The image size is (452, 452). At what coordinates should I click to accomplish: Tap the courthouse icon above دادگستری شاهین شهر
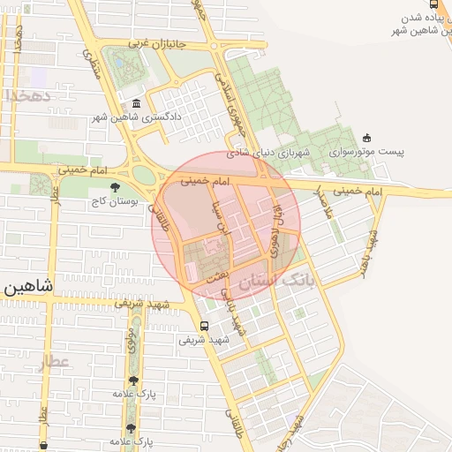pos(134,102)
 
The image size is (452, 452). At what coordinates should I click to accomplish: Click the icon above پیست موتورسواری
pos(367,137)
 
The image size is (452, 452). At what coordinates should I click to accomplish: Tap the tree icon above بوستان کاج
pos(115,186)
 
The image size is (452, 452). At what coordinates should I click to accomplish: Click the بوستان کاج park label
pos(110,202)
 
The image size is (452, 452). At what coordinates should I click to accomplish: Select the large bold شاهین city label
pos(27,285)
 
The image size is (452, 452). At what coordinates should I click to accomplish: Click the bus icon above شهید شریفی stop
pos(205,325)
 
